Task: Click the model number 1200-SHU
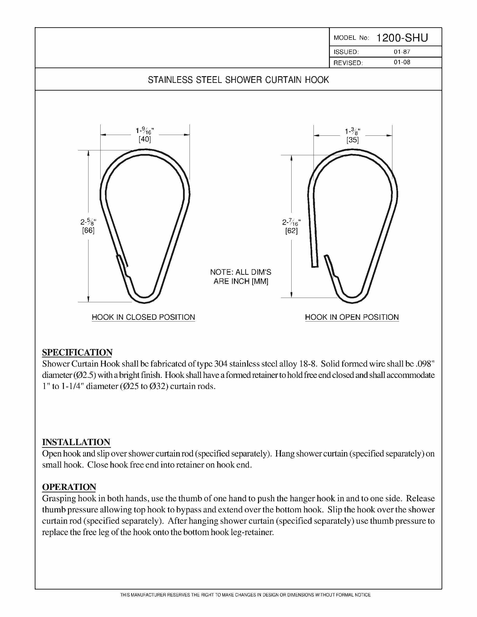(x=402, y=38)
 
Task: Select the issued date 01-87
(x=402, y=52)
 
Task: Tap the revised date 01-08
(x=402, y=62)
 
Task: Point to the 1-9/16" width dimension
(x=145, y=131)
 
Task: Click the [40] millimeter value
(x=145, y=139)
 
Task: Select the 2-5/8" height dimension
(x=88, y=222)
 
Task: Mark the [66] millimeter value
(x=88, y=230)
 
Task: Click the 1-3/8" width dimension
(x=353, y=131)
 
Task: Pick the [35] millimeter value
(x=353, y=140)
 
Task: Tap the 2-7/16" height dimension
(x=292, y=222)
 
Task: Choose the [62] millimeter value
(x=292, y=231)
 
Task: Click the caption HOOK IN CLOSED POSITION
(x=143, y=317)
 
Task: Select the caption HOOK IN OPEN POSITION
(x=352, y=317)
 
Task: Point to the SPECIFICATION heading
(x=77, y=353)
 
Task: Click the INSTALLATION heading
(x=76, y=442)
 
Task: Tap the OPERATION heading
(x=69, y=487)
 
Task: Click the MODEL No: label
(x=351, y=38)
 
